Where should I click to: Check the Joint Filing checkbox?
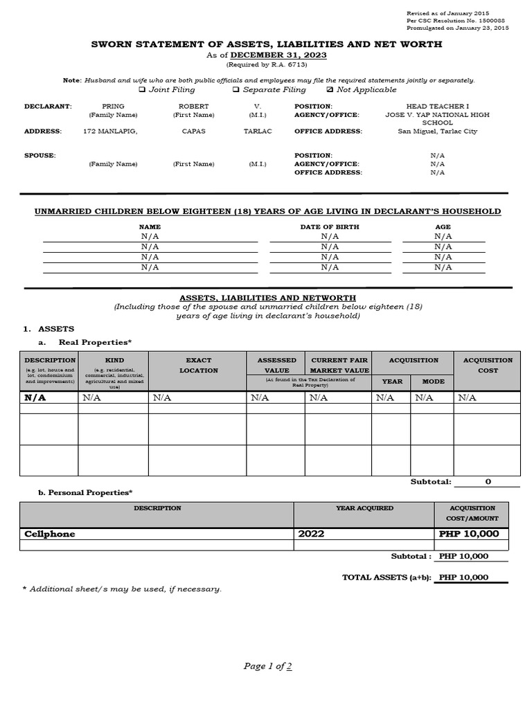coord(142,90)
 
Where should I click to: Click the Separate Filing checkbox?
coord(236,90)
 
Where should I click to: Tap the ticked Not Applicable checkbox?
coord(329,90)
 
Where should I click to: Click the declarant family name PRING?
coord(113,107)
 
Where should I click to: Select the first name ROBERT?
coord(193,107)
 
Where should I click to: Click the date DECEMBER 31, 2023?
coord(278,55)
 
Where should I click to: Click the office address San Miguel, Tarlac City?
coord(437,132)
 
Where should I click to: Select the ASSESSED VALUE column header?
coord(276,365)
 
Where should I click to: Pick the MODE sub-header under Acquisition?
coord(433,382)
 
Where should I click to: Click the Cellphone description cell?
coord(50,534)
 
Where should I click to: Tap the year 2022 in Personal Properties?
coord(311,534)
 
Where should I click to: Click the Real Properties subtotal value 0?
coord(488,481)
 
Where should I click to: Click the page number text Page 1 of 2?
coord(267,666)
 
